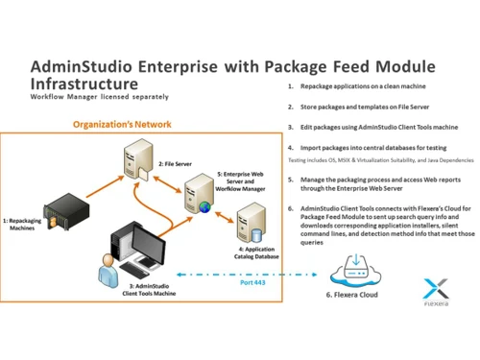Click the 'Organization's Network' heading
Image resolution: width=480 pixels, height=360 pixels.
pos(122,125)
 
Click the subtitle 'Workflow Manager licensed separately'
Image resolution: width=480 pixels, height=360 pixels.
pos(90,98)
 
